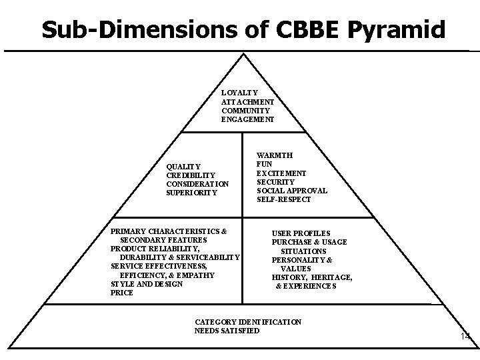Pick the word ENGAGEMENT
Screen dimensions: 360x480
click(x=248, y=120)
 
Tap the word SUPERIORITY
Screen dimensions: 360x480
click(x=192, y=193)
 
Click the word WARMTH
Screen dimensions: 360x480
click(x=275, y=155)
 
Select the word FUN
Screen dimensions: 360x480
click(x=264, y=164)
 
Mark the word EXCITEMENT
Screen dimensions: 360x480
click(x=282, y=173)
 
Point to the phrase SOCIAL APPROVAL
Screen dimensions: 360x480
click(x=292, y=191)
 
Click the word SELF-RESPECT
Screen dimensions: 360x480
click(x=284, y=200)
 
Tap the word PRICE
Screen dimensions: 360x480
click(x=122, y=293)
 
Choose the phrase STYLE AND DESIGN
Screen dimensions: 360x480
click(x=147, y=284)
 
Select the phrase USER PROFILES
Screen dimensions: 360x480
click(x=301, y=233)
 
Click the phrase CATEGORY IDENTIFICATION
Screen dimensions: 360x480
click(x=248, y=322)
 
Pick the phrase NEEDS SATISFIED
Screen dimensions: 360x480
click(x=227, y=331)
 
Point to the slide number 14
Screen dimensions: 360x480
click(x=465, y=337)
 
